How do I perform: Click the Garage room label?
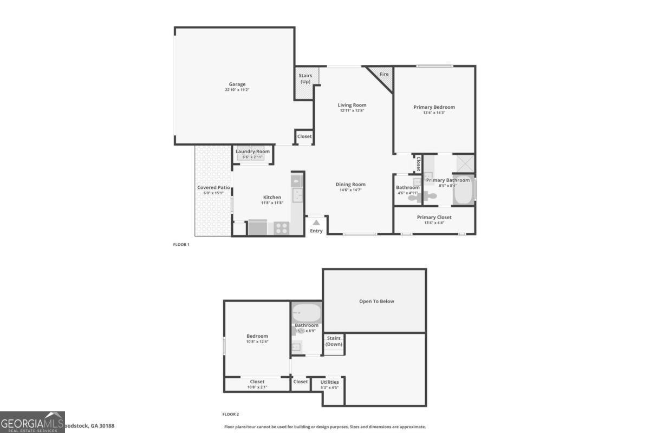click(x=237, y=84)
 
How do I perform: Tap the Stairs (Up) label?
click(x=305, y=78)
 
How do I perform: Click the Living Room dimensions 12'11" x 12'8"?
click(x=352, y=110)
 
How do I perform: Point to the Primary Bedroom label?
click(x=434, y=107)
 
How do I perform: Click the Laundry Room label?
click(x=252, y=152)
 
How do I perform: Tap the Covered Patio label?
click(x=213, y=188)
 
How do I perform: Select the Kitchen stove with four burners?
click(x=281, y=228)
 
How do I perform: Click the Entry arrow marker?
click(x=316, y=222)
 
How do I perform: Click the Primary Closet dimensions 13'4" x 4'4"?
click(x=434, y=222)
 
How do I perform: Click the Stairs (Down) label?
click(x=334, y=341)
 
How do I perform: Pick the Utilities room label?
click(x=329, y=382)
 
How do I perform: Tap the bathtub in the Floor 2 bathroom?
click(x=307, y=313)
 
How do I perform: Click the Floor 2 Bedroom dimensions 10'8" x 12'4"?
click(x=257, y=342)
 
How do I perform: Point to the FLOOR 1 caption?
click(x=181, y=245)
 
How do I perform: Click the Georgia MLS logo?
click(x=32, y=422)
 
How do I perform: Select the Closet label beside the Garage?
click(x=304, y=136)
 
